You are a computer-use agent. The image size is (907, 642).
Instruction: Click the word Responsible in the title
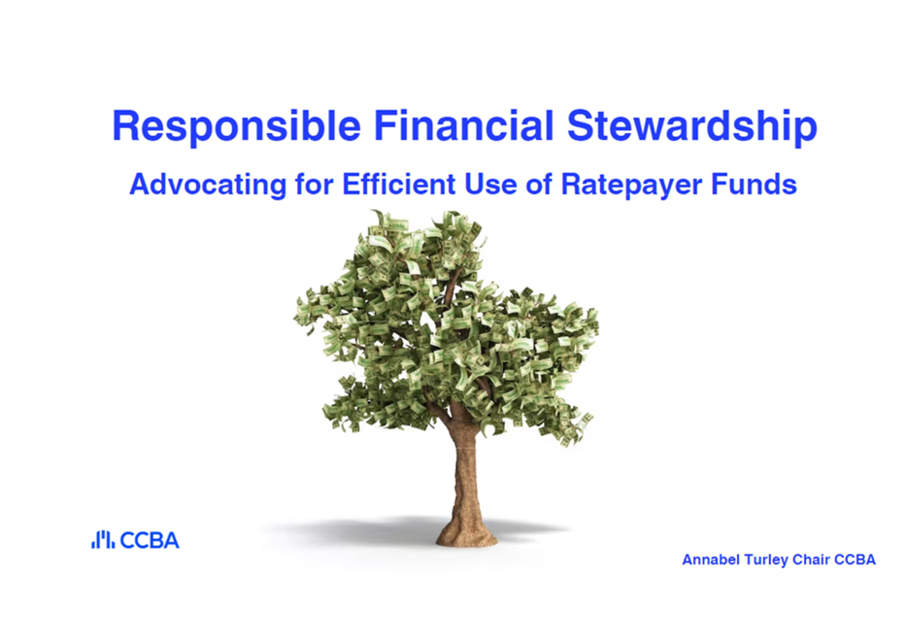pos(237,127)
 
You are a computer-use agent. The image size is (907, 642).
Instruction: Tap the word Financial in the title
pos(464,125)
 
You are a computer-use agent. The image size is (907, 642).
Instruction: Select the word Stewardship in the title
pos(691,127)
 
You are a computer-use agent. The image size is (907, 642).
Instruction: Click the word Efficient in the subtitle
pos(399,185)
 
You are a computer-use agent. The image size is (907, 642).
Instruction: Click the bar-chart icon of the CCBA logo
pos(103,540)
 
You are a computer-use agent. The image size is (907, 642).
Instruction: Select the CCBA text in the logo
pos(150,540)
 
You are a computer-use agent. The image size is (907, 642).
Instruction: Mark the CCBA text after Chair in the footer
pos(855,559)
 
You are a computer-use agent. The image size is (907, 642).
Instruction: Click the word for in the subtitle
pos(314,185)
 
